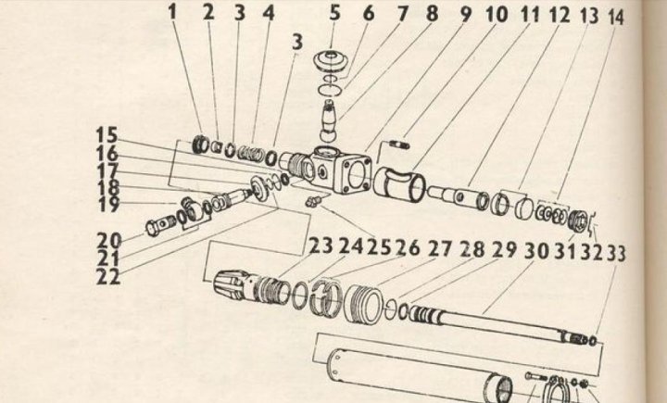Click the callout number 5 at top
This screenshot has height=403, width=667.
334,13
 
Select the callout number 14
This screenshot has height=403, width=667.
615,18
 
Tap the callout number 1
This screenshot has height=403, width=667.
172,12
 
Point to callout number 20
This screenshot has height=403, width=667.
109,241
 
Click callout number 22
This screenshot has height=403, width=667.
108,277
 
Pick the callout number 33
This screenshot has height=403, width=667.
616,254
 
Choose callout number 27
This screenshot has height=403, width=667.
439,248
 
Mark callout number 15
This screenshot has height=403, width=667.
107,135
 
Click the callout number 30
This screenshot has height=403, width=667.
536,251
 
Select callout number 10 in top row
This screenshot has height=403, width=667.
497,15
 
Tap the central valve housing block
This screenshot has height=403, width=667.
340,170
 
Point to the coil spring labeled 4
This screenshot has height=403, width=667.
249,153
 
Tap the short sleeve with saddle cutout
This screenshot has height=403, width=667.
399,183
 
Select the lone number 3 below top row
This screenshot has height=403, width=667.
297,42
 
